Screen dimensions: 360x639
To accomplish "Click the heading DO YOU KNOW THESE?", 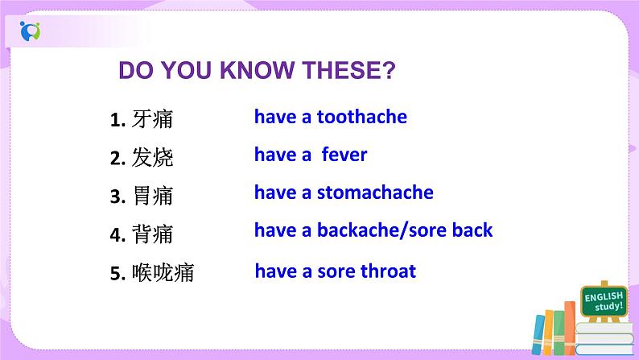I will click(257, 72).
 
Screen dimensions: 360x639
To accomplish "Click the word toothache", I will click(361, 117).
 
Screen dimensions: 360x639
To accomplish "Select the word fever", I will click(344, 155).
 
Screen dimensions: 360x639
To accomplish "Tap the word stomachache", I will click(374, 192).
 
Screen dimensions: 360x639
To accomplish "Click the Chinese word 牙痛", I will click(152, 120).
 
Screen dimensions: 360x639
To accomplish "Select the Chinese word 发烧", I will click(152, 158).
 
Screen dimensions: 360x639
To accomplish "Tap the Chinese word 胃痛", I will click(152, 196).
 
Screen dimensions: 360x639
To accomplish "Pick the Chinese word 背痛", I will click(152, 234).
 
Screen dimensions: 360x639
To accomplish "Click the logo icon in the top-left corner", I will click(30, 32).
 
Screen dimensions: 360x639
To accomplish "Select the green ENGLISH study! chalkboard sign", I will click(604, 303).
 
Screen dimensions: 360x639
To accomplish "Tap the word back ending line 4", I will click(472, 230).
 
